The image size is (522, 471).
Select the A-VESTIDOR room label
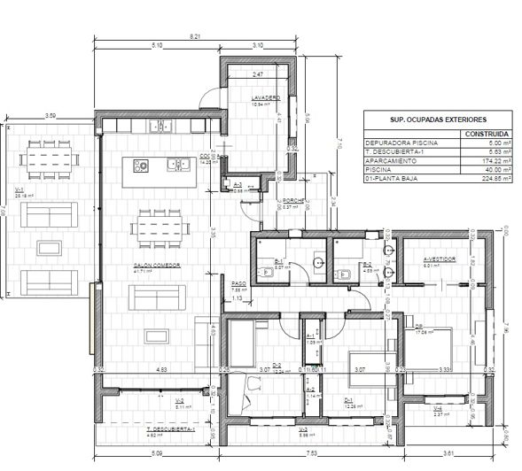(x=439, y=259)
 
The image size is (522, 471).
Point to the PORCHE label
(x=294, y=201)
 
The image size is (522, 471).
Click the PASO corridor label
(x=213, y=282)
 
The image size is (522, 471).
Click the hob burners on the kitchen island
(x=140, y=164)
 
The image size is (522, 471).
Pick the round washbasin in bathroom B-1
(x=318, y=263)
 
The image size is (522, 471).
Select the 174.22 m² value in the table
(x=486, y=161)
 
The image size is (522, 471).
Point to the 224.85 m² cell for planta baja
(x=486, y=180)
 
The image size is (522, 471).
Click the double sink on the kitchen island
(x=178, y=164)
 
